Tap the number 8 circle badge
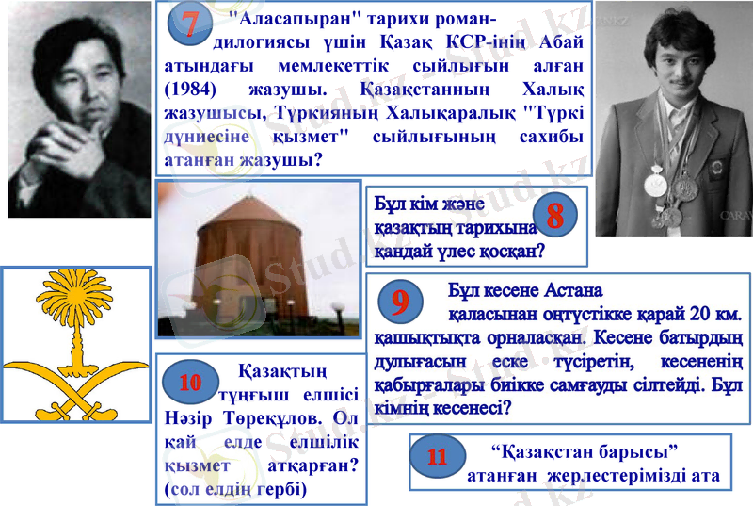pyautogui.click(x=554, y=216)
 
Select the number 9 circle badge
pyautogui.click(x=400, y=302)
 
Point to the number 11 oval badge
pyautogui.click(x=437, y=457)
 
